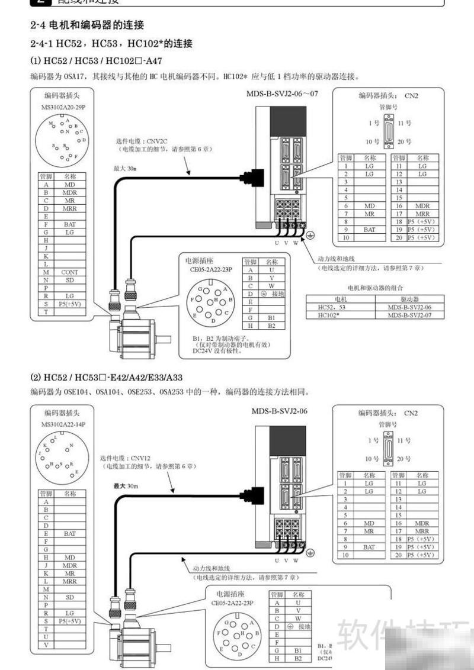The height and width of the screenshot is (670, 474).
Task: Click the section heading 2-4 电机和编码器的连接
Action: [87, 25]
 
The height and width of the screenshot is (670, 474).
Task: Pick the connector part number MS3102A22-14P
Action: [63, 424]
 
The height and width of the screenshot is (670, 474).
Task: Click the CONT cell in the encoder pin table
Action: [69, 272]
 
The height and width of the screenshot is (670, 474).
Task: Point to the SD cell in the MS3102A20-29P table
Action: [69, 280]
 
